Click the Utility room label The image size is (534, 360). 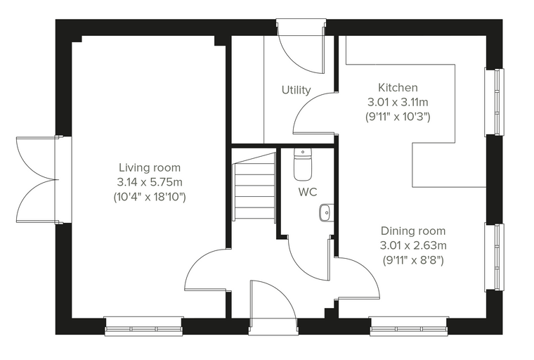[x=297, y=90]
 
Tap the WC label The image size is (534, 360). [x=308, y=192]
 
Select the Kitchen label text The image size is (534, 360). [x=398, y=88]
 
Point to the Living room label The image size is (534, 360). [x=150, y=167]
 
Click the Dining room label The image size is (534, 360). [x=413, y=231]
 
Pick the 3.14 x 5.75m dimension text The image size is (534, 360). [x=150, y=182]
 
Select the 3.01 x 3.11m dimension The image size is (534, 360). [x=398, y=102]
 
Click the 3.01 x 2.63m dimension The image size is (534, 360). [x=413, y=245]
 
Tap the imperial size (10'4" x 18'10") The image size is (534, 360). [x=150, y=197]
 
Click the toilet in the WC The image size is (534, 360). [x=302, y=165]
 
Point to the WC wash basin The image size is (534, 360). [x=326, y=213]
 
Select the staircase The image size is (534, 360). [x=254, y=187]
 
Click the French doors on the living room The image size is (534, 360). [x=37, y=180]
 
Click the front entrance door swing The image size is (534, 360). [x=273, y=300]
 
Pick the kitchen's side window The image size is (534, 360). [x=494, y=102]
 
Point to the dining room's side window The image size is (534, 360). [x=494, y=257]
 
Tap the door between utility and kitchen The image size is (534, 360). [x=314, y=112]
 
